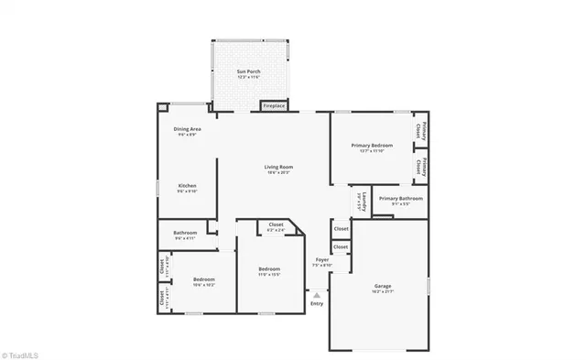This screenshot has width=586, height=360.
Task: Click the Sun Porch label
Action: (248, 71)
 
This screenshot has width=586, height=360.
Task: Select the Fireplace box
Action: (274, 106)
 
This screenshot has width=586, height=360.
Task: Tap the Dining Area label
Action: (188, 129)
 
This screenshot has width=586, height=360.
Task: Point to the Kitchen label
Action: (186, 186)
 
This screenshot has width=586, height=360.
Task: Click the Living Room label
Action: (278, 167)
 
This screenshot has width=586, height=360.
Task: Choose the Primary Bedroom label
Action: (373, 145)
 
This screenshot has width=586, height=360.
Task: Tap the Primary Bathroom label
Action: (400, 198)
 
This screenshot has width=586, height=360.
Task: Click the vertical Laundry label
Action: (364, 201)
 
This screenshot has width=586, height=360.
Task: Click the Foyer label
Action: (321, 260)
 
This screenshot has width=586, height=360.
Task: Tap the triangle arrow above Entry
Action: (317, 295)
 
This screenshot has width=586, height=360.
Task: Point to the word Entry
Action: (317, 303)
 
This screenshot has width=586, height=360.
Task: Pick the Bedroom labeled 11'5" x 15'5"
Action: (268, 267)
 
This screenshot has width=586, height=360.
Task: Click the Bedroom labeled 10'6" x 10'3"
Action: (203, 279)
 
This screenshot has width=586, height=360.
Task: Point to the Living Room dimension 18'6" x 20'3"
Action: (278, 172)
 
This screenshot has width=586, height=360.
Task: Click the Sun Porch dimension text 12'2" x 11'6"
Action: (248, 77)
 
